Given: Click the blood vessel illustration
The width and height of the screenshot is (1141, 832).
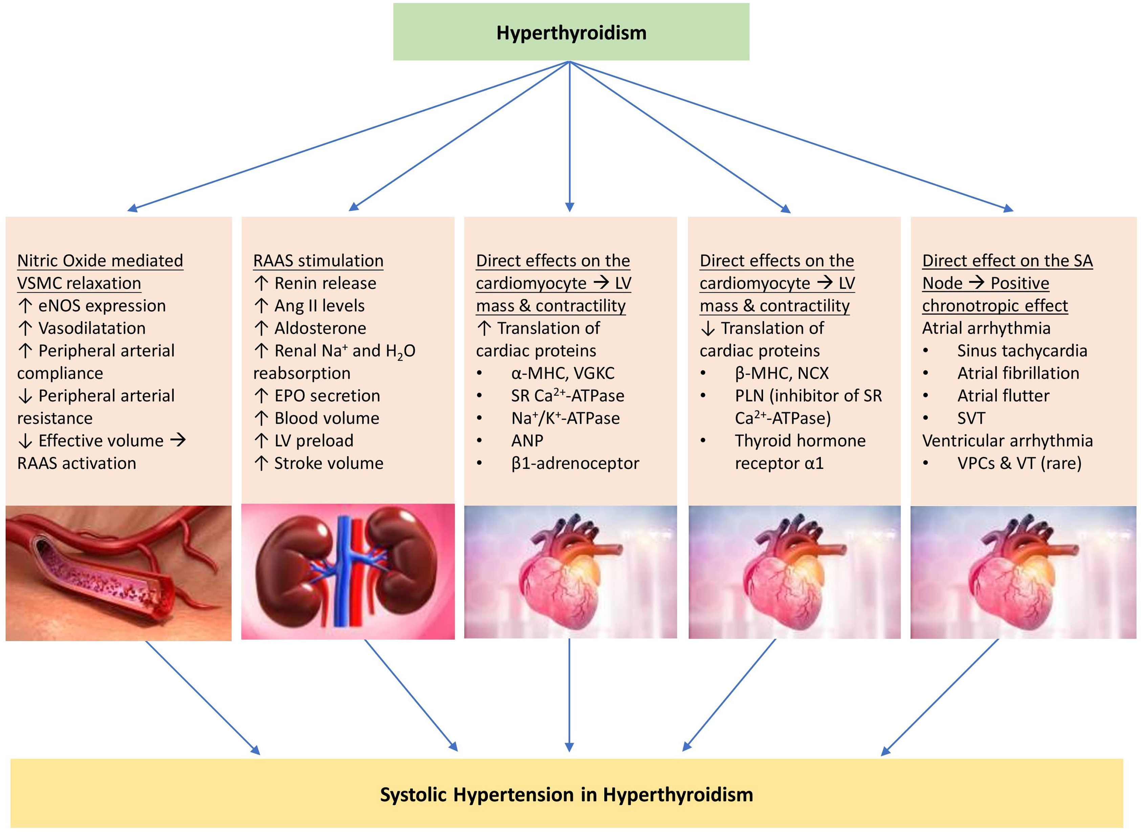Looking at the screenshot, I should [x=118, y=573].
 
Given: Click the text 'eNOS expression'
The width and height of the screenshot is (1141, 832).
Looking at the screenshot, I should [x=102, y=306].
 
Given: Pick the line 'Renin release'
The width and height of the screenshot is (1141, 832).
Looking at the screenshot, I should [x=325, y=283].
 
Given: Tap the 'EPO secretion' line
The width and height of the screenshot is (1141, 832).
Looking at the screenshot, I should [x=327, y=396].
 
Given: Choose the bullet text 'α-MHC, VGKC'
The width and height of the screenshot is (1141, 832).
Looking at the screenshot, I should [x=563, y=373].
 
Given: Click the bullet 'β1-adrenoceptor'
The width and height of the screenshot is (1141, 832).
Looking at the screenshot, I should [x=575, y=463].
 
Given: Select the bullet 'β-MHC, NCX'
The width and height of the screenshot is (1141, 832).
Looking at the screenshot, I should [x=781, y=373].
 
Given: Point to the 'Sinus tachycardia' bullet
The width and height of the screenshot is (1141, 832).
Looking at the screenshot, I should [x=1022, y=351].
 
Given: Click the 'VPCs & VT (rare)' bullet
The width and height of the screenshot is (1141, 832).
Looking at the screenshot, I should [x=1019, y=463].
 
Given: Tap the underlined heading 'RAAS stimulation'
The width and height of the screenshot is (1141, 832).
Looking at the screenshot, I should [x=318, y=261].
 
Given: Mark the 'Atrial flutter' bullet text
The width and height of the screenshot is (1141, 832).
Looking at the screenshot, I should [x=1003, y=396].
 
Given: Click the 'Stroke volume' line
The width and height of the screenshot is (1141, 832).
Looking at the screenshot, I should [x=328, y=463].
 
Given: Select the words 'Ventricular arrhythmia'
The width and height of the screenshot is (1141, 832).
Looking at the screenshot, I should [x=1008, y=441].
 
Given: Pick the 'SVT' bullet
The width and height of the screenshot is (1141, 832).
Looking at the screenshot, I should [x=971, y=418].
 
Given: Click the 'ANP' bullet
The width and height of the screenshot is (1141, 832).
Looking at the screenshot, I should [x=527, y=441].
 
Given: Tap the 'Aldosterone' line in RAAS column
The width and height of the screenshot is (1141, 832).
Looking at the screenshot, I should [x=320, y=329].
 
